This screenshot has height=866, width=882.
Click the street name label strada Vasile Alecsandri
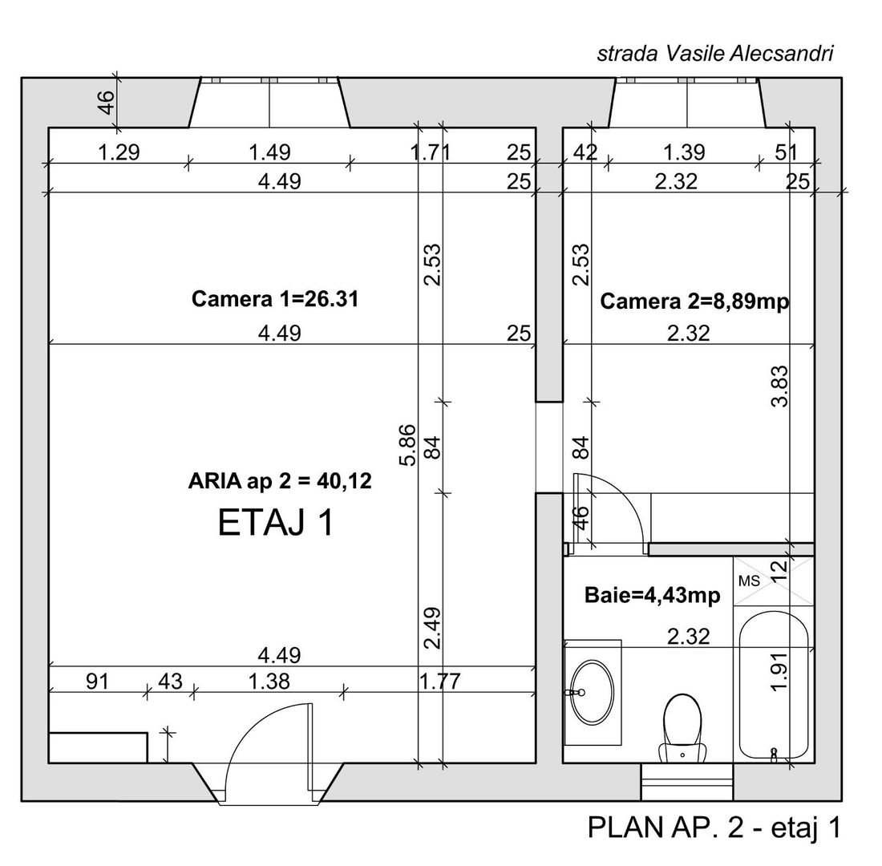coord(715,54)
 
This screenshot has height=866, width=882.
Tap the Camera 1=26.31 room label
coord(275,299)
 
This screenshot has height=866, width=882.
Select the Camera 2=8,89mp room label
coord(694,301)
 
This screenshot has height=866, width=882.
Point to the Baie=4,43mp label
coord(653,596)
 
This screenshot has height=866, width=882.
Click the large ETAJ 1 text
coord(276,524)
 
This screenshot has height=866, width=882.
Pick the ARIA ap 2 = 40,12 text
coord(280,481)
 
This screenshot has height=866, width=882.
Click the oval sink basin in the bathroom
coord(592,690)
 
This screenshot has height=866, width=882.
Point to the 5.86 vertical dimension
coord(407,445)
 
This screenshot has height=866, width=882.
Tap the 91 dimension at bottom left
coord(97,682)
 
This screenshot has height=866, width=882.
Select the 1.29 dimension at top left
coord(119,152)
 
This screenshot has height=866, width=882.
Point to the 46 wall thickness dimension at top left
coord(105,103)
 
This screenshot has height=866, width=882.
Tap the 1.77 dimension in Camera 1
coord(440,682)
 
